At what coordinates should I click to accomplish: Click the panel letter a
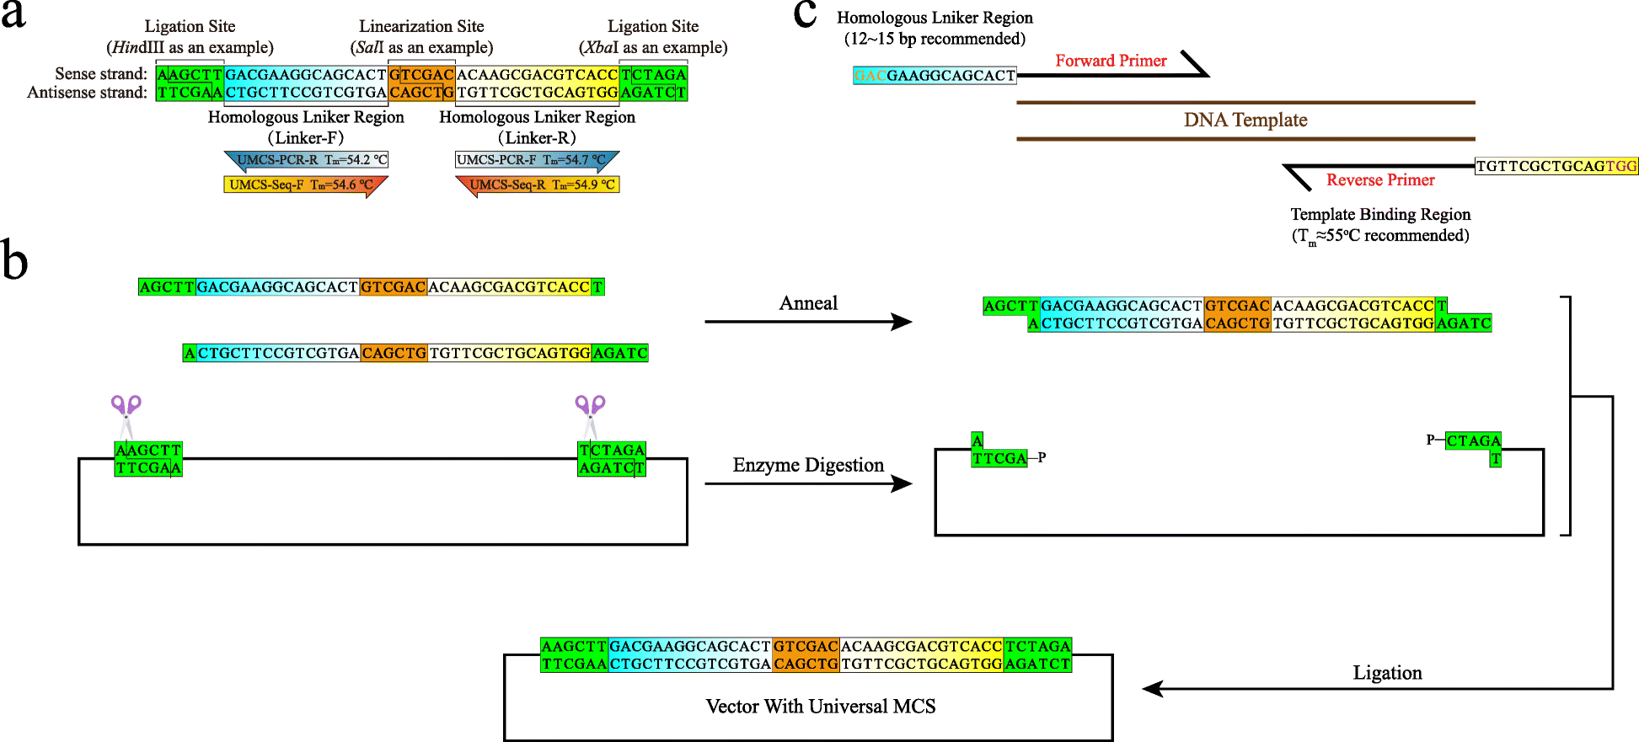(x=13, y=15)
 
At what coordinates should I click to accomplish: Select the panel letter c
(x=805, y=14)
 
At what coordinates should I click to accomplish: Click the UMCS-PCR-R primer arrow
(x=306, y=160)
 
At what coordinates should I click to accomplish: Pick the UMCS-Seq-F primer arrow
(x=306, y=184)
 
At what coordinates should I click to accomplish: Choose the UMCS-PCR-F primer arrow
(x=537, y=160)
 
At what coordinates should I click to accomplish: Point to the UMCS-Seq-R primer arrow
(x=537, y=184)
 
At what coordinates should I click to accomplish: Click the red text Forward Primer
(x=1111, y=61)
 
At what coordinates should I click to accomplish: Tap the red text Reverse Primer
(x=1380, y=180)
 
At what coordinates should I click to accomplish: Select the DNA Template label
(x=1245, y=120)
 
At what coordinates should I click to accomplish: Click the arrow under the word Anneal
(x=807, y=322)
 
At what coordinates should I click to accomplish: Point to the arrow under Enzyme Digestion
(x=807, y=483)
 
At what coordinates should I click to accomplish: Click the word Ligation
(x=1387, y=673)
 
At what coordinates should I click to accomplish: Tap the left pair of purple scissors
(x=126, y=413)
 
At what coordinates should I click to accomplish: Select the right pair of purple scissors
(x=591, y=413)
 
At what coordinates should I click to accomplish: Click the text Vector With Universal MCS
(x=821, y=707)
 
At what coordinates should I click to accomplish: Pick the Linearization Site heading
(x=421, y=26)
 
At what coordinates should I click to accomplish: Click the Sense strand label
(x=101, y=74)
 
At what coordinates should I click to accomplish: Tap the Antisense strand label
(x=87, y=93)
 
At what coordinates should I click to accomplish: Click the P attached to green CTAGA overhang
(x=1431, y=440)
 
